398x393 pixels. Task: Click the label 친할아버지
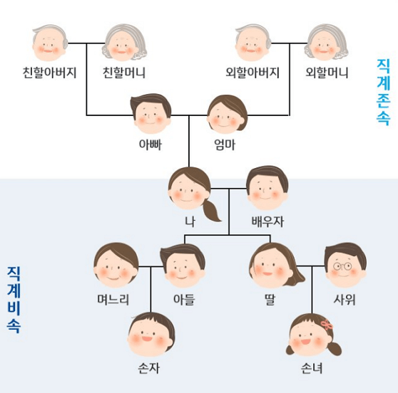coord(49,73)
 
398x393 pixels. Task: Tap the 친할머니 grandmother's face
coord(123,43)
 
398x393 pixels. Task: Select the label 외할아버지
coord(252,73)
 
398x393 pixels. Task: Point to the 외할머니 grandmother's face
coord(327,43)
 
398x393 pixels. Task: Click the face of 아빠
coord(151,114)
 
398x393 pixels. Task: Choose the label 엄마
coord(225,145)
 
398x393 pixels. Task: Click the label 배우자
coord(267,221)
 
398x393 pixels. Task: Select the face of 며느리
coord(116,266)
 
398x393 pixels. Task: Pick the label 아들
coord(184,299)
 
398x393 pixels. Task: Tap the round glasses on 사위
coord(342,266)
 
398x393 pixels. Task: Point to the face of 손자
coord(151,335)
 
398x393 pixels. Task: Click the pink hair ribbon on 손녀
coord(327,325)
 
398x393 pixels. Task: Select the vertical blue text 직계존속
coord(383,92)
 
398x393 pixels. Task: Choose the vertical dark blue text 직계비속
coord(14,300)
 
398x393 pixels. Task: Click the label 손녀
coord(312,368)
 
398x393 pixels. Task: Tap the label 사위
coord(345,299)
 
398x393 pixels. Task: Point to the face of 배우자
coord(267,188)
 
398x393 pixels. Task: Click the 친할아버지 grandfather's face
coord(50,43)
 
